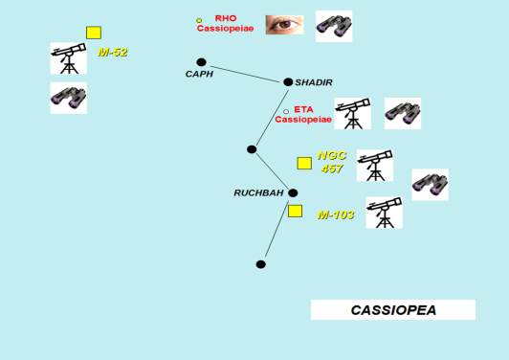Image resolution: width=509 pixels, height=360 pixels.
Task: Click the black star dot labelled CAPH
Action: click(201, 62)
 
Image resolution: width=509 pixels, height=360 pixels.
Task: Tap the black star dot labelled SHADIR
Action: click(288, 82)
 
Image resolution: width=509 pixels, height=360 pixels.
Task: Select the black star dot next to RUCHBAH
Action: click(293, 193)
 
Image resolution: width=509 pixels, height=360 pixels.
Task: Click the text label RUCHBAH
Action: click(258, 193)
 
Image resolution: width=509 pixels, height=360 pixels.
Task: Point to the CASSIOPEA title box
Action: click(393, 309)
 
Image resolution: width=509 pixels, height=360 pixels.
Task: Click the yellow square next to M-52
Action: click(94, 33)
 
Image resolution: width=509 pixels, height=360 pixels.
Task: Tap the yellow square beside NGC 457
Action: click(304, 164)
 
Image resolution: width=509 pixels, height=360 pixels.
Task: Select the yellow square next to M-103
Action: click(295, 212)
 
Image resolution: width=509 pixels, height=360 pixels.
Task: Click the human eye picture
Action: click(285, 25)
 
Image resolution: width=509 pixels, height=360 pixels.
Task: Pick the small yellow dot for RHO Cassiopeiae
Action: click(199, 21)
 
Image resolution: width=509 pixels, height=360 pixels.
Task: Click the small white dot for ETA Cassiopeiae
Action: click(286, 112)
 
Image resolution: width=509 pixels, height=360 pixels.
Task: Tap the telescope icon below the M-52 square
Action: click(69, 58)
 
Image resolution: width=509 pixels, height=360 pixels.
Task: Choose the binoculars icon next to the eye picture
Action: click(334, 26)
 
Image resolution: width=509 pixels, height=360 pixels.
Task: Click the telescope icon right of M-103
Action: click(385, 213)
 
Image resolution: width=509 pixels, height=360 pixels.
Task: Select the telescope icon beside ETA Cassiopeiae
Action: click(352, 113)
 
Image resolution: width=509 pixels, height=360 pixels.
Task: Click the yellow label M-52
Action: click(113, 53)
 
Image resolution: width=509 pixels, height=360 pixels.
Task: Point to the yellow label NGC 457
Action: click(332, 162)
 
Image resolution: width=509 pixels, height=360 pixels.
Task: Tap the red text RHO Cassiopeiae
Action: click(225, 23)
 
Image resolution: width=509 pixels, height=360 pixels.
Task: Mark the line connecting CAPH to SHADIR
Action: click(245, 75)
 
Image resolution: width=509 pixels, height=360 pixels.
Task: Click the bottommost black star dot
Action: click(260, 264)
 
